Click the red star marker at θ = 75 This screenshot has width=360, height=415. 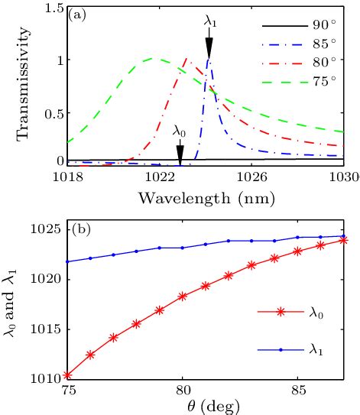68,374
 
